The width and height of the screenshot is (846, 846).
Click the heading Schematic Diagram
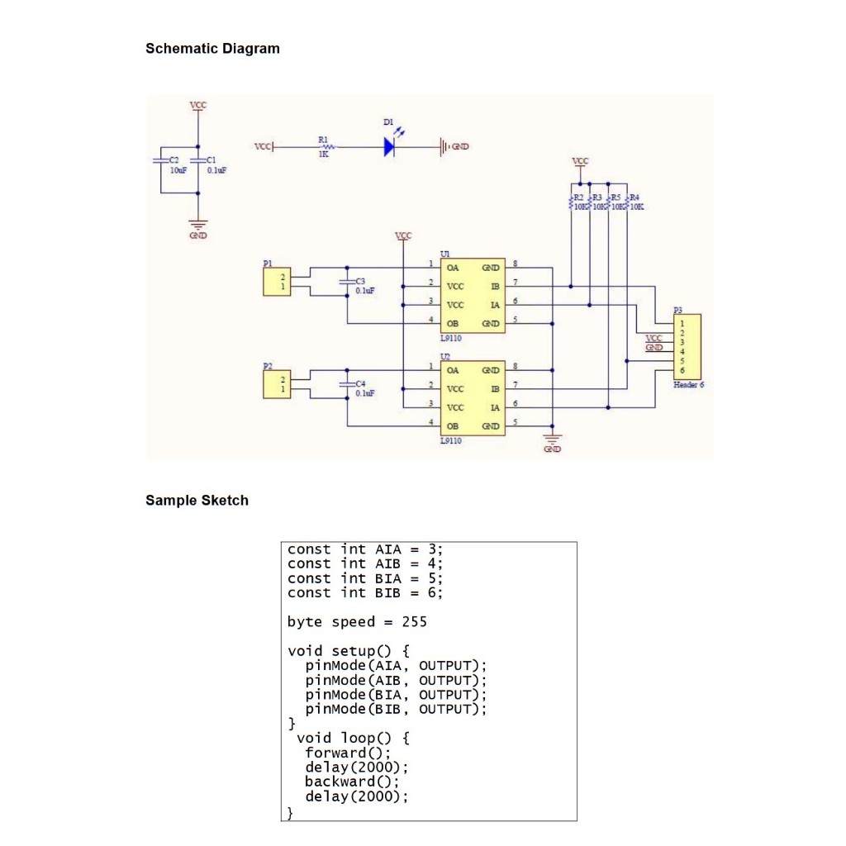(212, 49)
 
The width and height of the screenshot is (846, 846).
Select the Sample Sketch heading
(197, 500)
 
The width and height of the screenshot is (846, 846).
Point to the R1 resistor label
(322, 140)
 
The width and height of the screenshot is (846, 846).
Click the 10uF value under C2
(178, 170)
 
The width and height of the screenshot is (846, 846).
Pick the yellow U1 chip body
(473, 295)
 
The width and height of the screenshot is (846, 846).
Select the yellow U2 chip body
(473, 398)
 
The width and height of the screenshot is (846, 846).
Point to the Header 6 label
(688, 385)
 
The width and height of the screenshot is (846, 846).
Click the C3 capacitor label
(360, 282)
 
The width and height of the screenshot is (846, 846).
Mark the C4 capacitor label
(360, 384)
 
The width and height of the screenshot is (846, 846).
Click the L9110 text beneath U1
(451, 339)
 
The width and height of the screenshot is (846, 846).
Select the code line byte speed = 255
(357, 622)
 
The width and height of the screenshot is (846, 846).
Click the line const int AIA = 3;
(365, 549)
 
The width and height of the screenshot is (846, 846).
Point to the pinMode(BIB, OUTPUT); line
(396, 709)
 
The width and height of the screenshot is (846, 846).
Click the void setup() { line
(348, 651)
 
